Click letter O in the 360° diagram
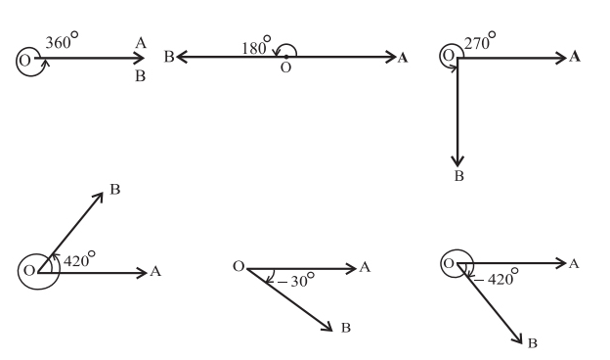coord(23,61)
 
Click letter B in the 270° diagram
coord(458,176)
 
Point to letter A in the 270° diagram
coord(575,57)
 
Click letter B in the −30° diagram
coord(345,327)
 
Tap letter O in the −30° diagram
coord(238,266)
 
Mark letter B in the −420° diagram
coord(532,343)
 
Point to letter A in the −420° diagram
coord(575,263)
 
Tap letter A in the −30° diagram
coord(365,266)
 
